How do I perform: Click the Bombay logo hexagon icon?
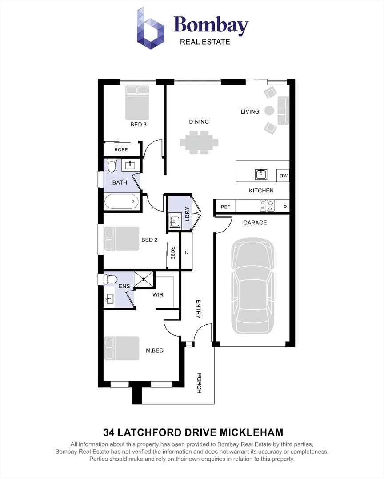pos(150,28)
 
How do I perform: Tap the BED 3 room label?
pos(138,124)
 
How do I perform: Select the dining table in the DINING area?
pos(199,142)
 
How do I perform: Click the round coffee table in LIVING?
pos(269,110)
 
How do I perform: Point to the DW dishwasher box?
pos(283,176)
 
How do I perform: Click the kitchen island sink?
pos(261,174)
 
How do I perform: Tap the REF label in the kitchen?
pos(225,207)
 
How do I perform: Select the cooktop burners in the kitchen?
pos(267,205)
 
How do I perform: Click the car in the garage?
pos(252,285)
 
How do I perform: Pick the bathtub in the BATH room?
pos(122,202)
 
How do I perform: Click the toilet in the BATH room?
pos(111,165)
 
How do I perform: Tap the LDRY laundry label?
pos(188,214)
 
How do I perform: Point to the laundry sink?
pos(175,221)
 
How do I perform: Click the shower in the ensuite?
pos(144,279)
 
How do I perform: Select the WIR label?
pos(158,295)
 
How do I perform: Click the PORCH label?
pos(199,383)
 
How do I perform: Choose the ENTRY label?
pos(198,309)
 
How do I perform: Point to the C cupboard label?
pos(187,252)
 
